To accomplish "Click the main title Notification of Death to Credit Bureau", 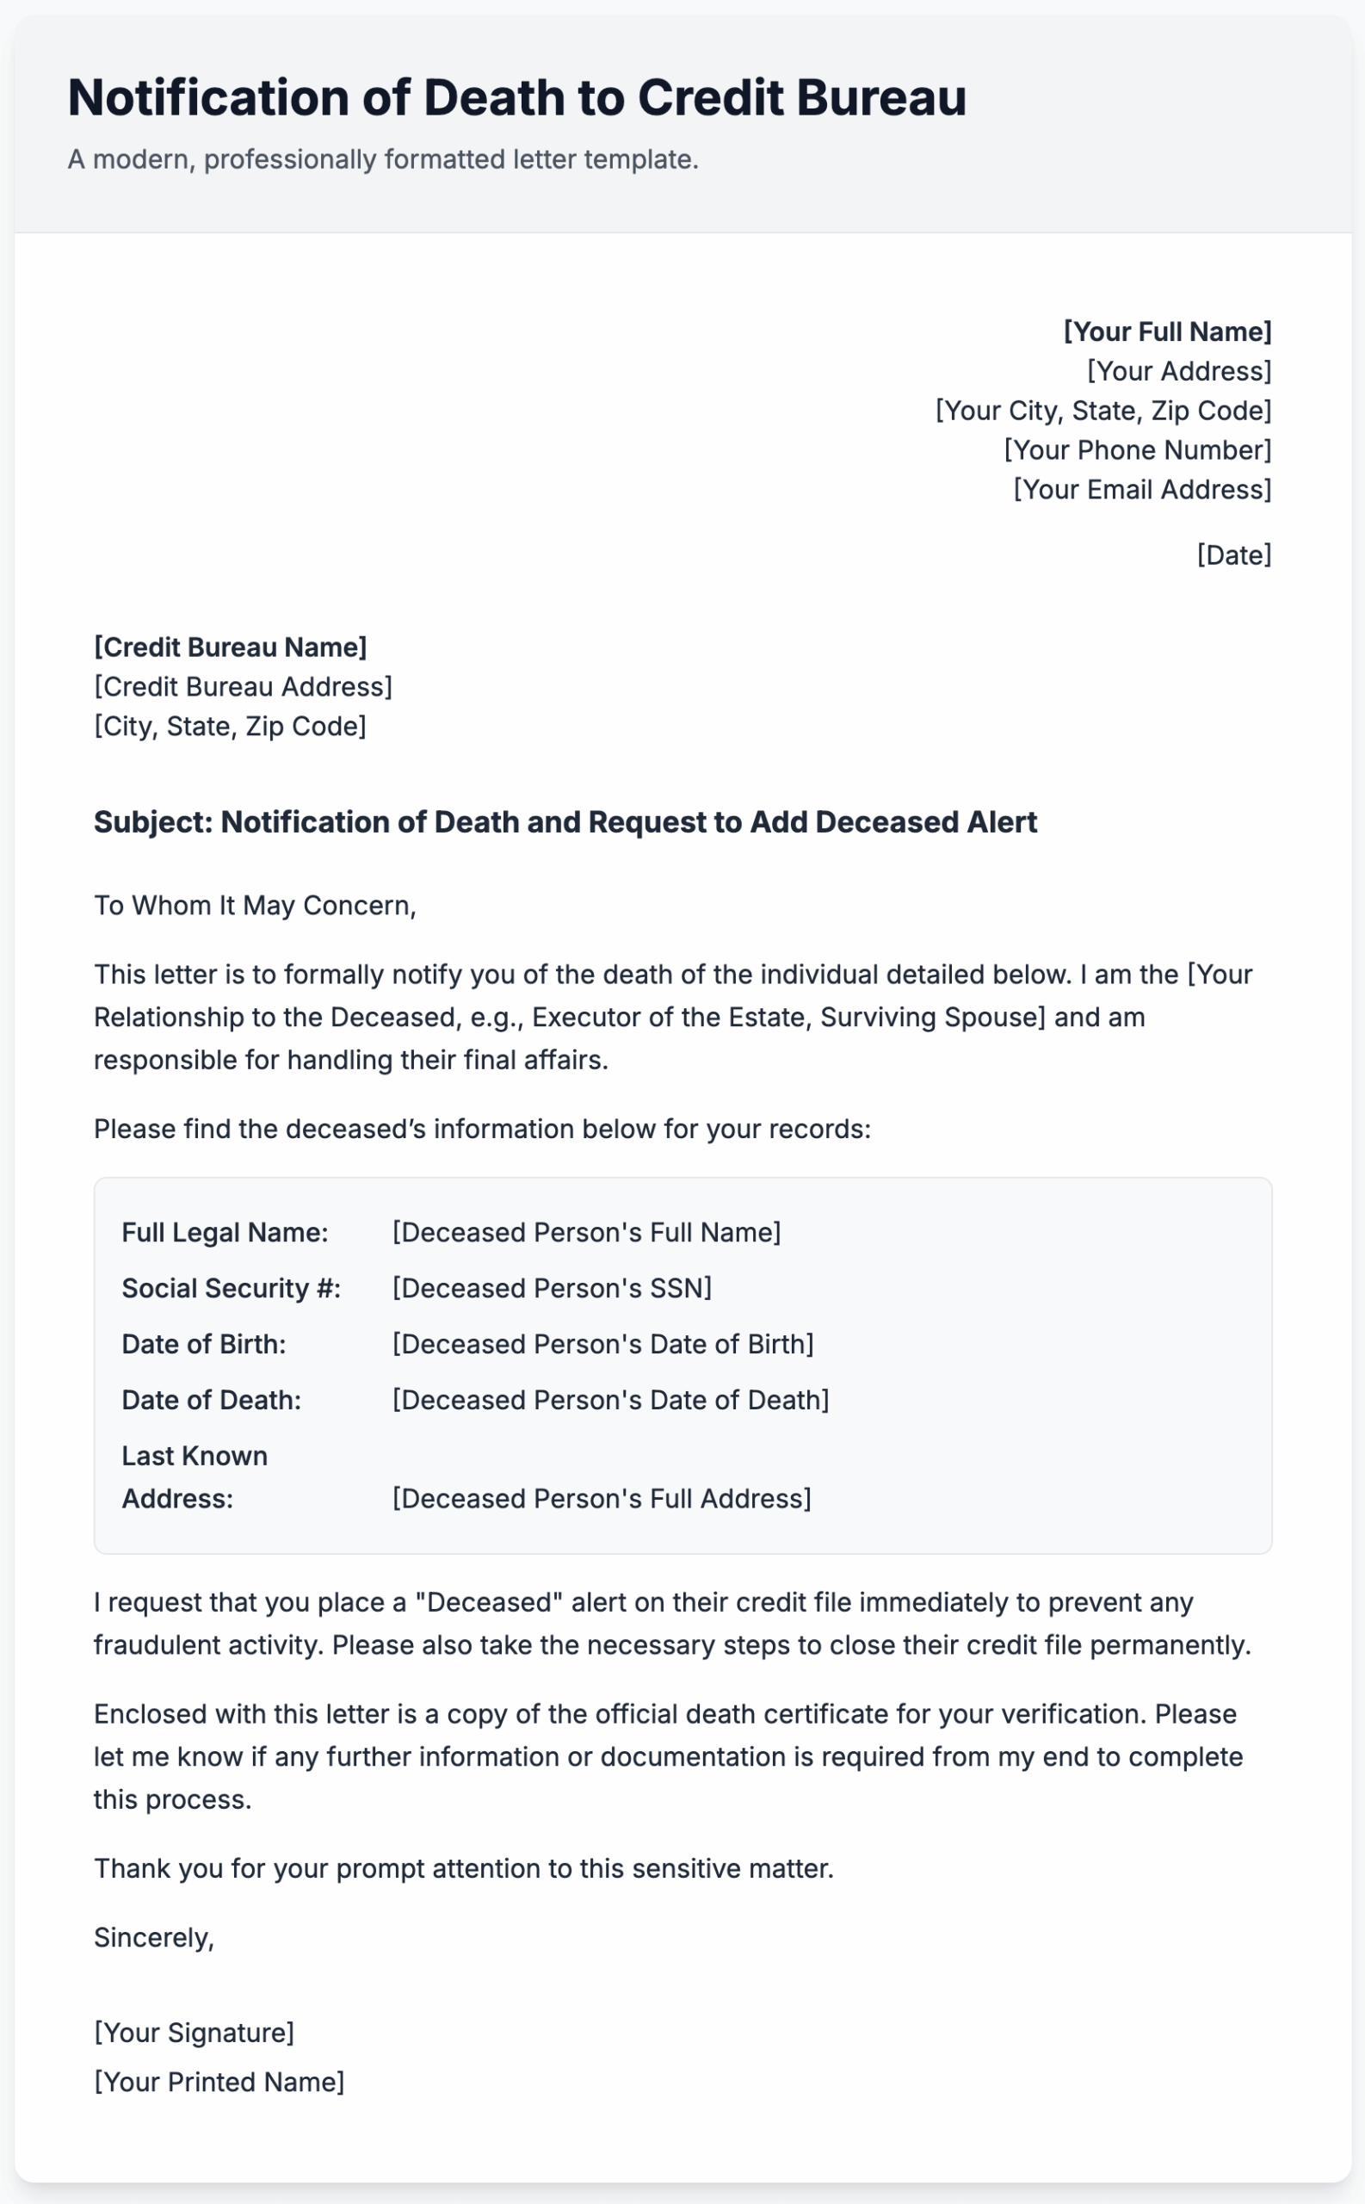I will [516, 97].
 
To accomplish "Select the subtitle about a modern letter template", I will [383, 160].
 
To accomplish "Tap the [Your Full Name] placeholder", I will [1166, 331].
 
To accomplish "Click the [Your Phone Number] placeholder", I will [1137, 449].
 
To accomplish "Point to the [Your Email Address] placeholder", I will [1141, 489].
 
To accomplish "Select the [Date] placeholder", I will [1233, 554].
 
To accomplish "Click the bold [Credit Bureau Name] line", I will [230, 647].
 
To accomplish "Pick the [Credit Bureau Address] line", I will [243, 687].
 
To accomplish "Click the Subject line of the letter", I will [565, 822].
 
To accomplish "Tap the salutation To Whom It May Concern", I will [255, 906].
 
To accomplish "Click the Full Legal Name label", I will [225, 1233].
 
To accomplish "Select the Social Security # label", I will [232, 1289].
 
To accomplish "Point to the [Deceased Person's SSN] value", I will [552, 1289].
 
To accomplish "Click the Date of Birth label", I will [204, 1345].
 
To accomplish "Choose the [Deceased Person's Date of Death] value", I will [610, 1401].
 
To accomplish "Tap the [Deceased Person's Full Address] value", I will [602, 1499].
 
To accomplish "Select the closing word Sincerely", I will [153, 1938].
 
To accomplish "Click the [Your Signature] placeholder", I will [195, 2033].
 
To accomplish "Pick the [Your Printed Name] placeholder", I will [219, 2082].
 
